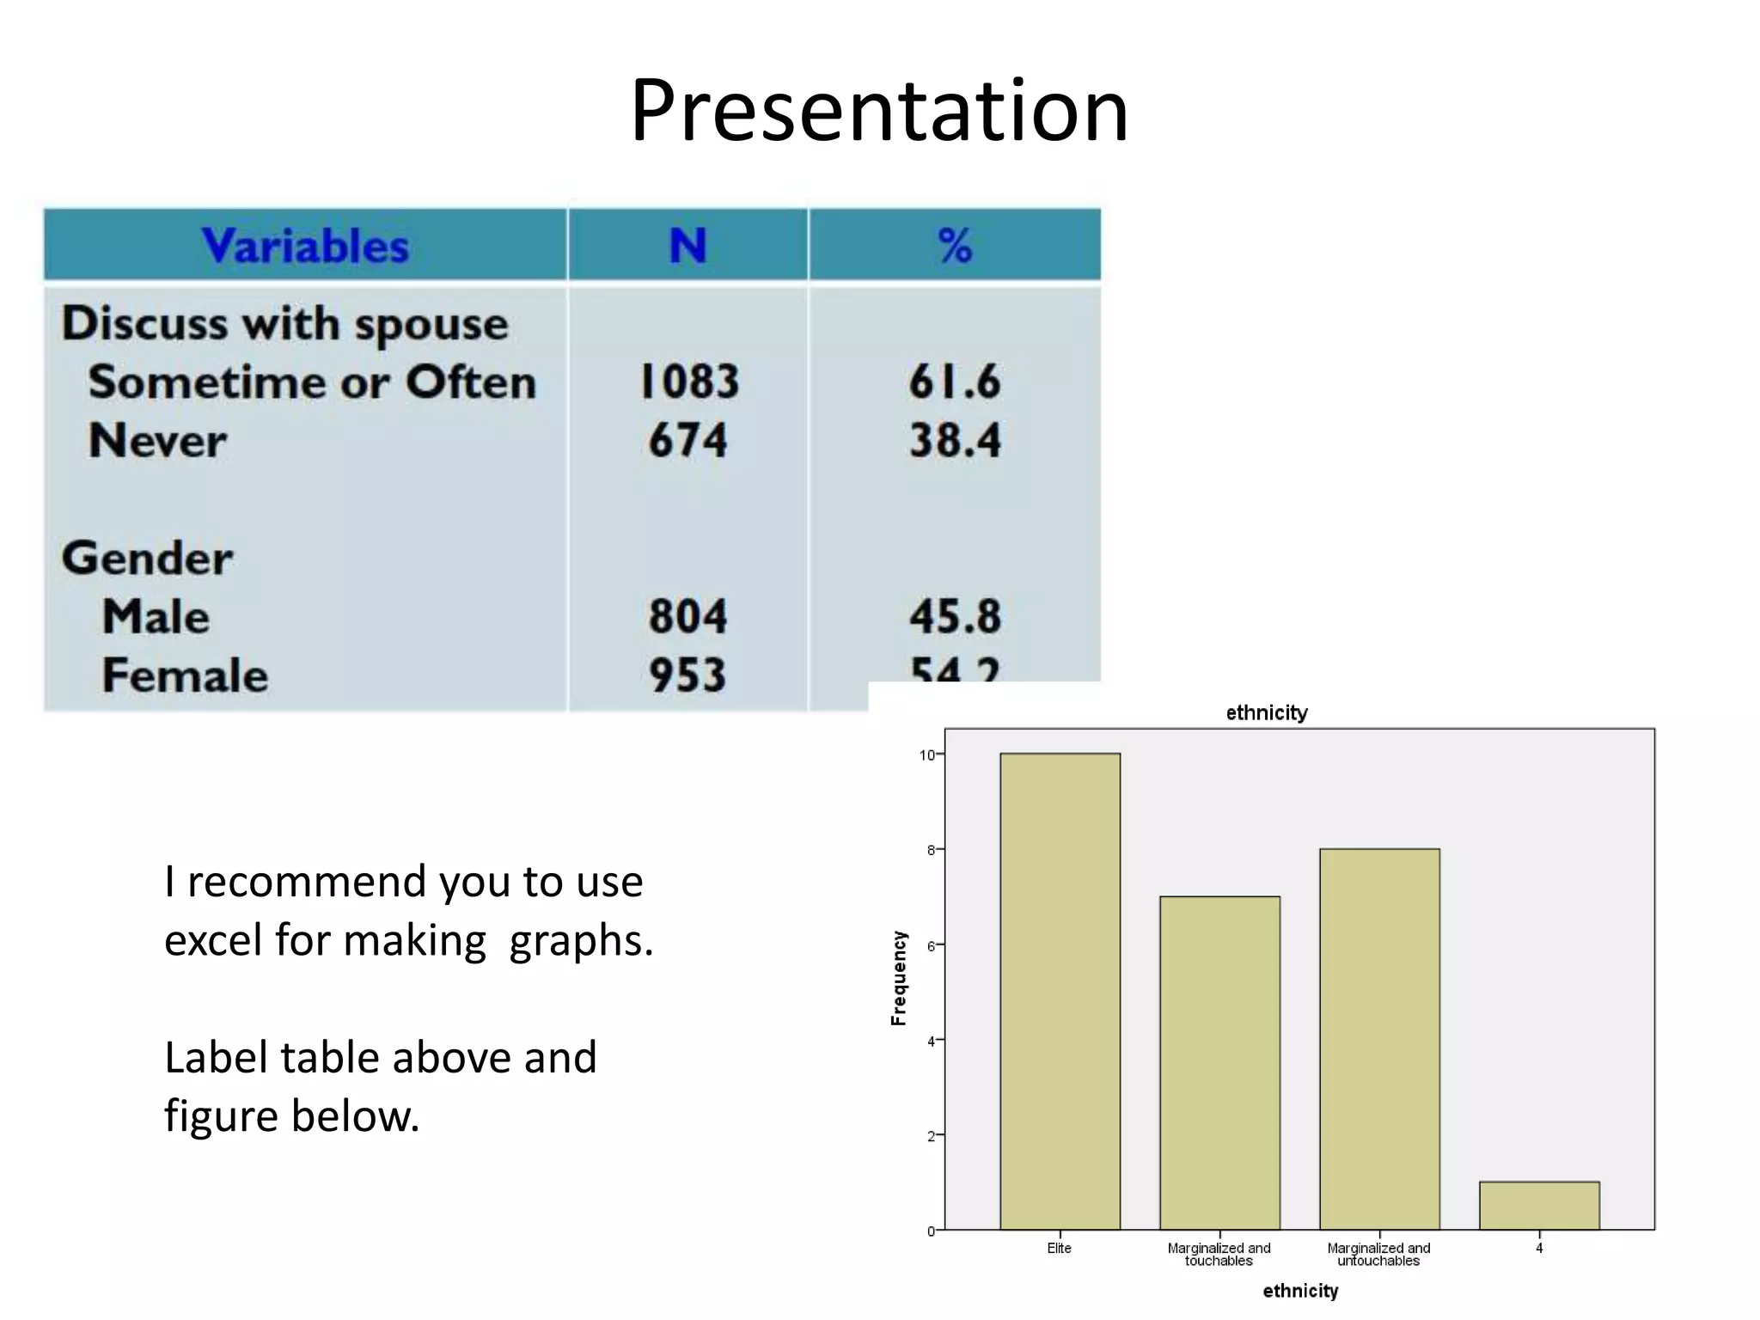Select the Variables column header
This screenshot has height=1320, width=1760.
(x=305, y=246)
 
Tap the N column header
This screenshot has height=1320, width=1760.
(x=687, y=246)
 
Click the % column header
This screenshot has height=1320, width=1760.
(x=954, y=246)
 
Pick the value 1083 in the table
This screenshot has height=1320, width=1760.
(x=689, y=382)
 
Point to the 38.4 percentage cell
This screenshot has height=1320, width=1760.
(x=955, y=440)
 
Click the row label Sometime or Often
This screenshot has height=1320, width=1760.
(x=312, y=382)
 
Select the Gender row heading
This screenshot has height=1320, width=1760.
(x=147, y=558)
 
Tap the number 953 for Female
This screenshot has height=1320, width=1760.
(x=687, y=675)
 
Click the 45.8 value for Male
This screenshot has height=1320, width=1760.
(x=955, y=616)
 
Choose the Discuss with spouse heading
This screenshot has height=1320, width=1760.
(x=284, y=324)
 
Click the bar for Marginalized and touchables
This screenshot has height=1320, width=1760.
(x=1219, y=1062)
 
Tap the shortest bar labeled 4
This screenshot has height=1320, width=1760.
(x=1539, y=1205)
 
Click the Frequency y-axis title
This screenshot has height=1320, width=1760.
(x=899, y=978)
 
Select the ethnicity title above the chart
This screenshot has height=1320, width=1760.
(x=1266, y=712)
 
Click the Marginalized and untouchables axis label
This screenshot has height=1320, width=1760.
(x=1378, y=1254)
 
